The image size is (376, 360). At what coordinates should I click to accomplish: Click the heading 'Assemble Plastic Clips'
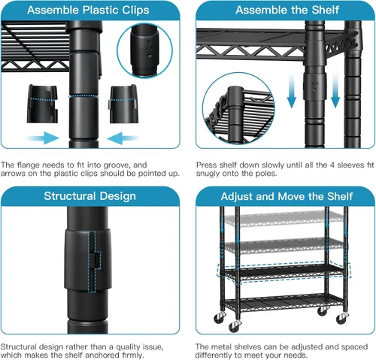88,11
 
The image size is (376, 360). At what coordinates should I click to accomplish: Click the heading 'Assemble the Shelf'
287,10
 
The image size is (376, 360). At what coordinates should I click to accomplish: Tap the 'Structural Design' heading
89,196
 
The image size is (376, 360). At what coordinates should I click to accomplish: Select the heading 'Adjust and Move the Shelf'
287,197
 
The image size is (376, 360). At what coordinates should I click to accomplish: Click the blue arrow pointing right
43,138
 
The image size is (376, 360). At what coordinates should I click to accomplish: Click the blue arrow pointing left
123,138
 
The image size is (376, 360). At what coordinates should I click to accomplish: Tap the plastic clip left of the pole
42,104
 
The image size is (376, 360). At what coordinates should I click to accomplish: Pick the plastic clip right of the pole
123,104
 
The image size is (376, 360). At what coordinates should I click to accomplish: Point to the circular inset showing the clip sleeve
144,50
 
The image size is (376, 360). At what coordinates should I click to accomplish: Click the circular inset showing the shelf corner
238,108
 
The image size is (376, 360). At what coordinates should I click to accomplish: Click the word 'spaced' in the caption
355,347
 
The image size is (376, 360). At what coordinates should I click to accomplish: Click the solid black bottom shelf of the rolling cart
284,302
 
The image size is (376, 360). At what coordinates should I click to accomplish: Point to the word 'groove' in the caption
117,165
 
